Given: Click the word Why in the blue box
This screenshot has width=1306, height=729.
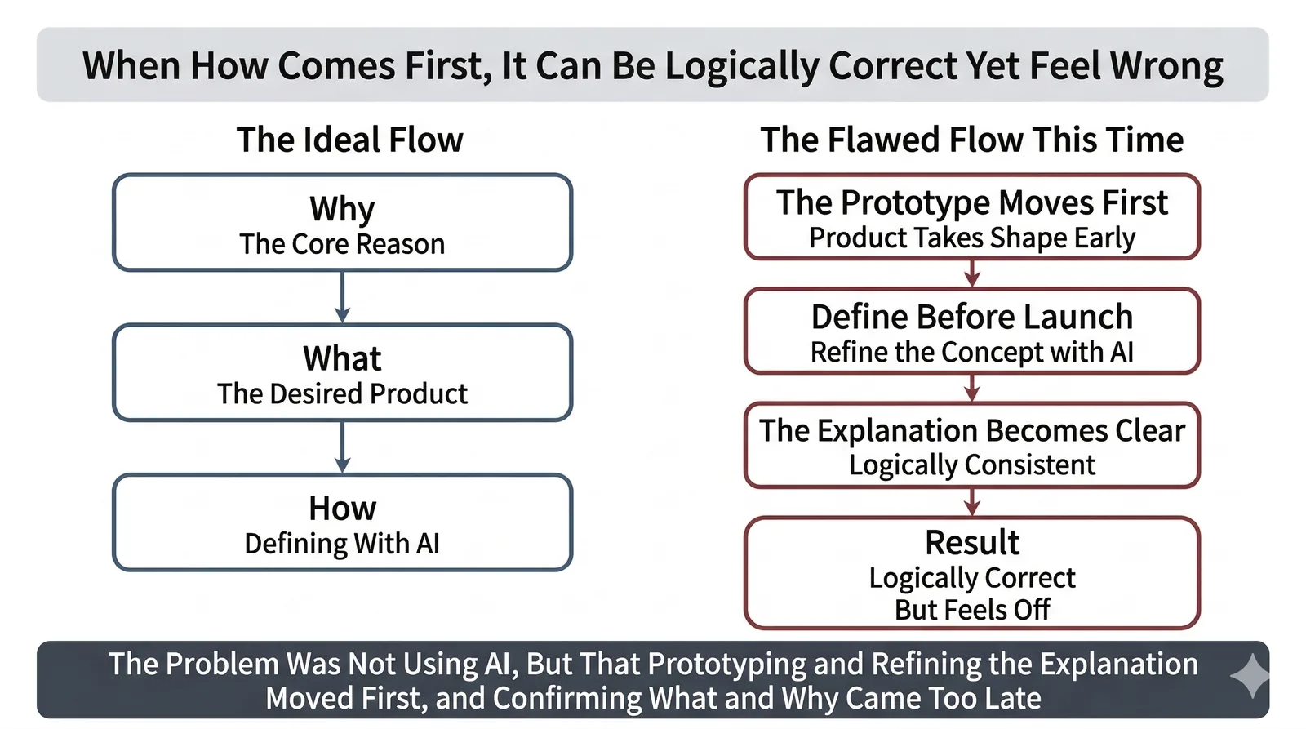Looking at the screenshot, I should pyautogui.click(x=342, y=209).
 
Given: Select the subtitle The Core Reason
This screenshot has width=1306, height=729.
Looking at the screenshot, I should pyautogui.click(x=342, y=244).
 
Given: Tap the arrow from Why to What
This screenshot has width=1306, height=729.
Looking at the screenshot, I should pyautogui.click(x=342, y=297).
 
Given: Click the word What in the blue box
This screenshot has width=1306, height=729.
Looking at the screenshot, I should pyautogui.click(x=342, y=358).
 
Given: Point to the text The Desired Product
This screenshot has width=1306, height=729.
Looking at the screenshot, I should pyautogui.click(x=342, y=394).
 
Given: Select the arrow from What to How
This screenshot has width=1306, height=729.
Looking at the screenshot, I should pyautogui.click(x=342, y=447).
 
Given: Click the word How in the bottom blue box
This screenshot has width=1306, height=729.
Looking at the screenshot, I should pyautogui.click(x=342, y=509).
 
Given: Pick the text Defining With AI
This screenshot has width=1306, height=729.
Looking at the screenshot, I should pyautogui.click(x=342, y=544).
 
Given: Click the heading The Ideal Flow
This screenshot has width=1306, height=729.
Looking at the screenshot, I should pyautogui.click(x=349, y=140).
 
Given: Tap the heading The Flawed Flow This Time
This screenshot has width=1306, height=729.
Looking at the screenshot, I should pyautogui.click(x=971, y=140).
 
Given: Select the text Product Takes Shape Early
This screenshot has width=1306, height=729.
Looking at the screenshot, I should pyautogui.click(x=971, y=238).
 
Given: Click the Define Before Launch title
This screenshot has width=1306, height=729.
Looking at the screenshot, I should pyautogui.click(x=971, y=317).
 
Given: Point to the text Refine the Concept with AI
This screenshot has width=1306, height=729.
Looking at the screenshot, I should pyautogui.click(x=971, y=352).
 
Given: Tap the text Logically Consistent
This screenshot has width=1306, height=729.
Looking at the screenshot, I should pyautogui.click(x=971, y=465).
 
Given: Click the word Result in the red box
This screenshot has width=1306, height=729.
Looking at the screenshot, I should pyautogui.click(x=971, y=542).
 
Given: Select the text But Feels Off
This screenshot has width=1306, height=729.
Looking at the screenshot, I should pyautogui.click(x=971, y=610).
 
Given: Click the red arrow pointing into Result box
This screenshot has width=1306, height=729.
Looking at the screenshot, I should pyautogui.click(x=971, y=502).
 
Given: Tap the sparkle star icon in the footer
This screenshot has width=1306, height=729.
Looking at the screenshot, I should pyautogui.click(x=1250, y=677).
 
